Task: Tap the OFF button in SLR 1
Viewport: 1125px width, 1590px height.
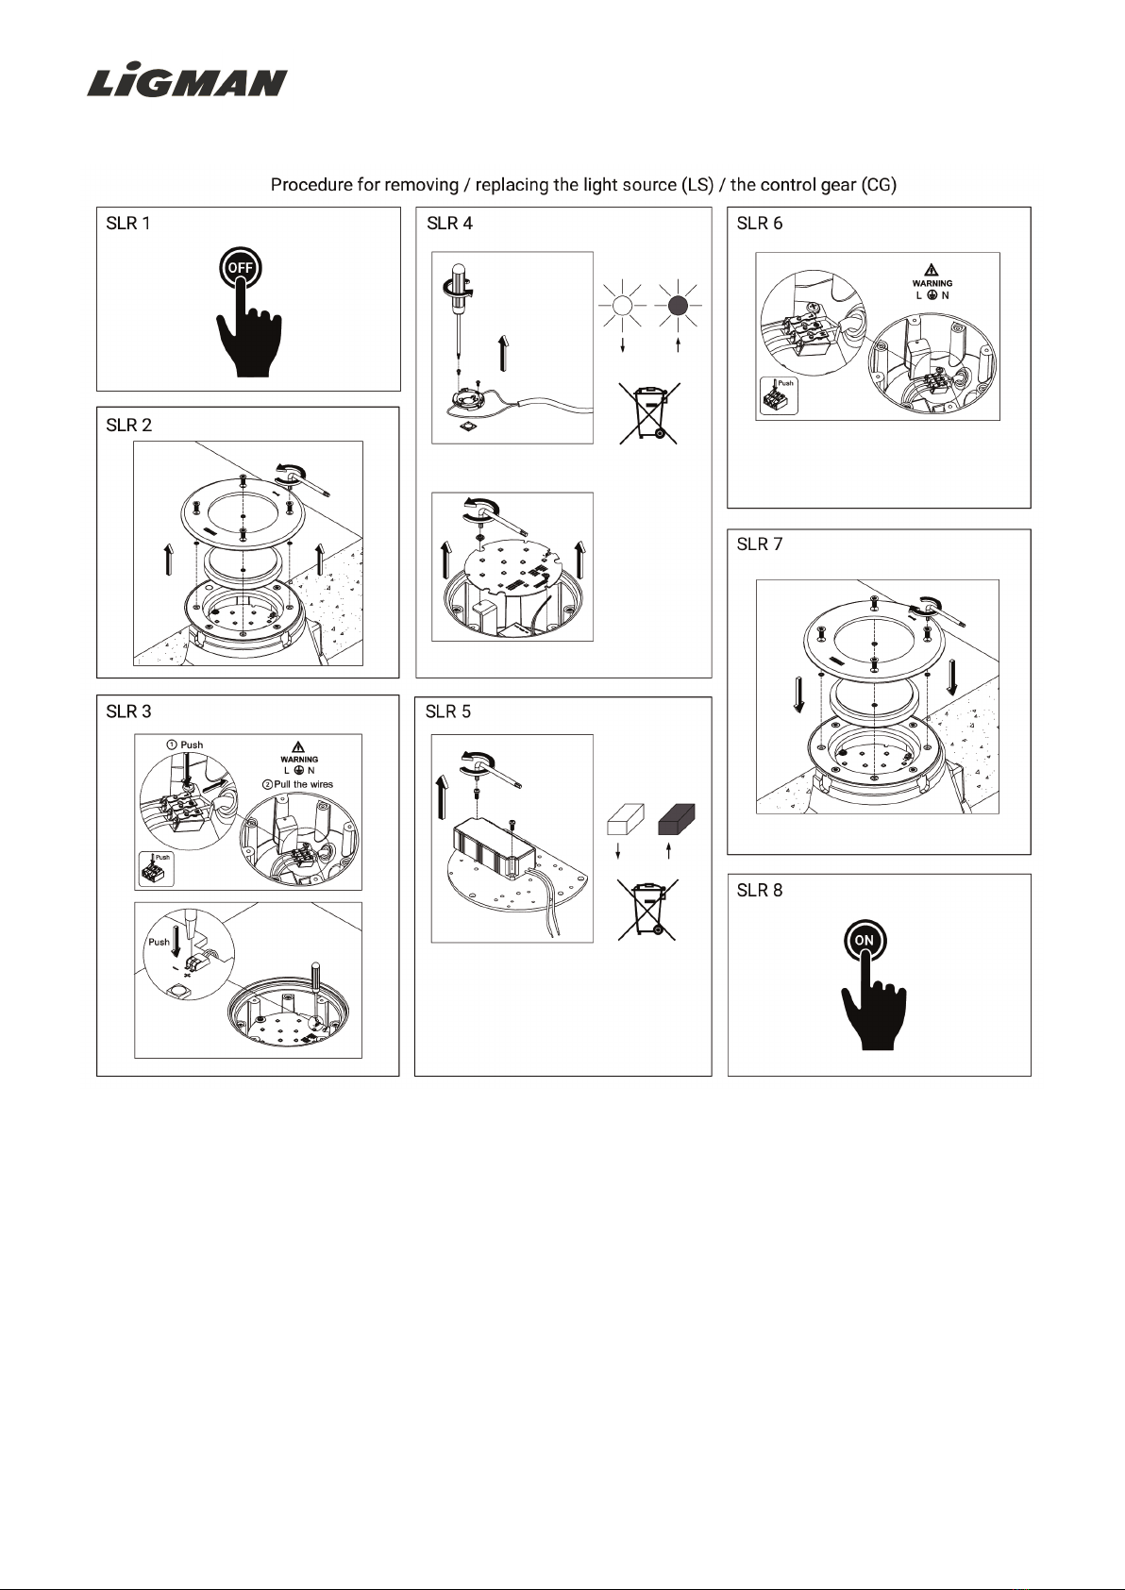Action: tap(240, 268)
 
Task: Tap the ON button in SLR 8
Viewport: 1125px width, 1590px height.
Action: tap(865, 940)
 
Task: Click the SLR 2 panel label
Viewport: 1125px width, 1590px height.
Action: tap(128, 426)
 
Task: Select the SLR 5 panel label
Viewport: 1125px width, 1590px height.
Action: tap(448, 711)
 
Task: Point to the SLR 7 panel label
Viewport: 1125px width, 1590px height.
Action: tap(760, 544)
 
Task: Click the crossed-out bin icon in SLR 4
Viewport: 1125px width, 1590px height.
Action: tap(649, 413)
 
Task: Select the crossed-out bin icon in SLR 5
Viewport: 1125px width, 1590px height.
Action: tap(647, 910)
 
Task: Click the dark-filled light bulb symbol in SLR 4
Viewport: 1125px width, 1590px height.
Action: tap(679, 305)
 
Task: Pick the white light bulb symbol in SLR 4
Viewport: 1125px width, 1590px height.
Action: tap(622, 305)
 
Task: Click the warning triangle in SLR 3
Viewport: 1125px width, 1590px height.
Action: tap(298, 746)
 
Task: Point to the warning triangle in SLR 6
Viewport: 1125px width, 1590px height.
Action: tap(932, 270)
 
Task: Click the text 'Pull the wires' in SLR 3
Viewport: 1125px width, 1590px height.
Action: tap(303, 784)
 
